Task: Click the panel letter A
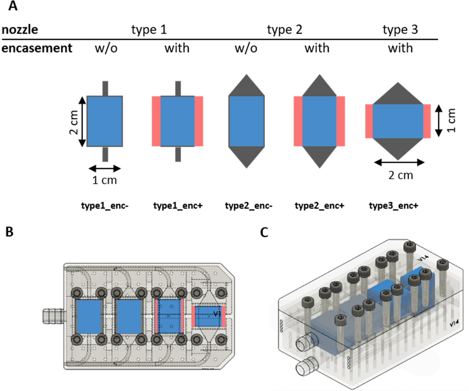tap(13, 6)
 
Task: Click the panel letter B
tap(9, 232)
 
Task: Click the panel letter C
tap(264, 232)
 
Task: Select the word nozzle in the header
tap(20, 30)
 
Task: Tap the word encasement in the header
tap(37, 48)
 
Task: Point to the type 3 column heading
tap(400, 30)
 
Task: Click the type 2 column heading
tap(285, 30)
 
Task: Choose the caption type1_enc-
tap(105, 206)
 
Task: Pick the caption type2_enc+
tap(319, 206)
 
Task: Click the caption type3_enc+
tap(393, 206)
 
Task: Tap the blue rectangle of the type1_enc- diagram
tap(105, 121)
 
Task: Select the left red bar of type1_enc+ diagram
tap(156, 121)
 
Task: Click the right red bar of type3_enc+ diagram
tap(427, 121)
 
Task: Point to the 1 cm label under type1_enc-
tap(105, 180)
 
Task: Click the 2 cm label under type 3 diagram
tap(401, 175)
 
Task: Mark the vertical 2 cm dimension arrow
tap(82, 121)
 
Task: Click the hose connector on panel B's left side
tap(53, 316)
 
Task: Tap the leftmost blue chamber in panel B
tap(89, 317)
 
